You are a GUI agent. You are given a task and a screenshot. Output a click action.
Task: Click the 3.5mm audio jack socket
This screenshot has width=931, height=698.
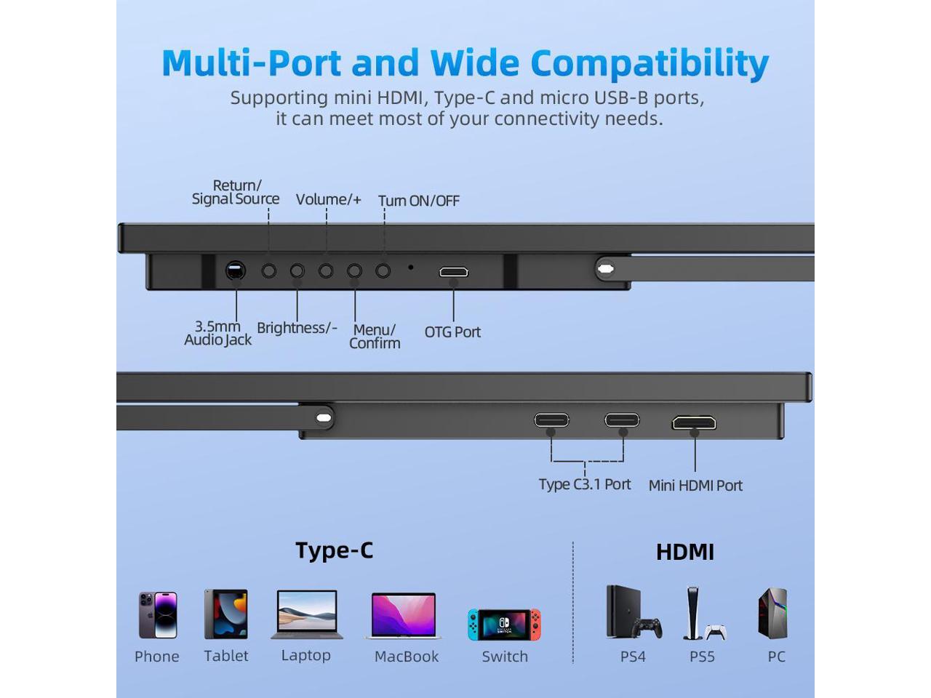[x=235, y=271]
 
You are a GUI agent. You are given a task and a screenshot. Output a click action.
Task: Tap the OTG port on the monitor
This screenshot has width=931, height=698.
[x=453, y=273]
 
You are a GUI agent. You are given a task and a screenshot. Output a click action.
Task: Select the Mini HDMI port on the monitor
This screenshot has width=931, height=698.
[x=694, y=422]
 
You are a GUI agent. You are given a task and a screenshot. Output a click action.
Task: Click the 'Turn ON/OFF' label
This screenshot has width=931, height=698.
[x=419, y=201]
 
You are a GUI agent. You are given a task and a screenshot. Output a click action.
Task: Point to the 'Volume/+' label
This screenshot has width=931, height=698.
[x=328, y=199]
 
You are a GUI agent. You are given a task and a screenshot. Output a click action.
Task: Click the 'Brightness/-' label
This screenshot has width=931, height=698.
[x=297, y=328]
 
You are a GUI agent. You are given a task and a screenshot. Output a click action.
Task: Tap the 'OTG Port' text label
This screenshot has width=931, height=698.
[x=452, y=332]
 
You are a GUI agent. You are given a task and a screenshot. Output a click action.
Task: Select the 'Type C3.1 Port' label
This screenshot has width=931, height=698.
[x=585, y=484]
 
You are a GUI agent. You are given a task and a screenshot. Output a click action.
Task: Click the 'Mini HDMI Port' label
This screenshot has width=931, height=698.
[x=695, y=486]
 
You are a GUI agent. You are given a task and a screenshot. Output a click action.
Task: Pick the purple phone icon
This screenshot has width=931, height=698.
[x=158, y=614]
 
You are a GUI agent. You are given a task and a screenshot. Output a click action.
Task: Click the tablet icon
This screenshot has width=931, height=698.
[x=226, y=614]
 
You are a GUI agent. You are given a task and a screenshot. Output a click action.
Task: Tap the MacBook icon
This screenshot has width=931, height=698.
[x=404, y=616]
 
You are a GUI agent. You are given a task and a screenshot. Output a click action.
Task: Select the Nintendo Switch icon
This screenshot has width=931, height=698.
[x=504, y=625]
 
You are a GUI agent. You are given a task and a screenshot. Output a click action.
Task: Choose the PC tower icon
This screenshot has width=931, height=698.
[x=773, y=614]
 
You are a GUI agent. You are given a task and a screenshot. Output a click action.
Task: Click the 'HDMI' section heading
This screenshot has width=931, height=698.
[x=685, y=552]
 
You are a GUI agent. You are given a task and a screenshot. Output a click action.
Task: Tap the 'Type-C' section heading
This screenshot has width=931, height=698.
[x=334, y=550]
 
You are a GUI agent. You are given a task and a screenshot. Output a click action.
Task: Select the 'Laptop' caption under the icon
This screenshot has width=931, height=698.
[x=305, y=655]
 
